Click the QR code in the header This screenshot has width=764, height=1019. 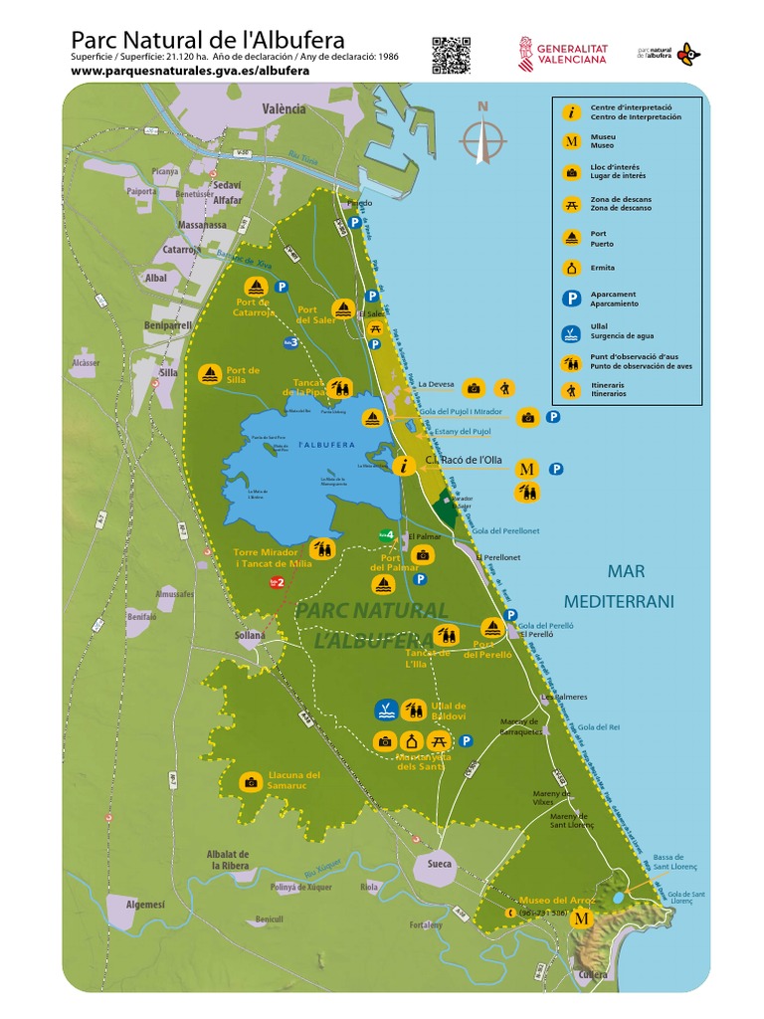pyautogui.click(x=451, y=55)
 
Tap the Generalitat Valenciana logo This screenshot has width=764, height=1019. pyautogui.click(x=562, y=53)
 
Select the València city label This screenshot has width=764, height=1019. pyautogui.click(x=285, y=108)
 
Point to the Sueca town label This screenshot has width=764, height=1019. pyautogui.click(x=439, y=864)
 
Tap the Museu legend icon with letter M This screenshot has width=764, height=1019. pyautogui.click(x=571, y=141)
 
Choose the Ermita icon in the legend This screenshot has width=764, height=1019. pyautogui.click(x=571, y=268)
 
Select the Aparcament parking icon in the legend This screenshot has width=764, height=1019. pyautogui.click(x=571, y=299)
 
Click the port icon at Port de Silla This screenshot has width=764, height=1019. pyautogui.click(x=209, y=375)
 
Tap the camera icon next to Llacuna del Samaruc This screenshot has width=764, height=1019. pyautogui.click(x=251, y=782)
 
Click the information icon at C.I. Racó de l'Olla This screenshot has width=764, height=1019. pyautogui.click(x=404, y=466)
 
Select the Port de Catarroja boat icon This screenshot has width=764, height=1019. pyautogui.click(x=254, y=287)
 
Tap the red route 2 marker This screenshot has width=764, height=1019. pyautogui.click(x=278, y=582)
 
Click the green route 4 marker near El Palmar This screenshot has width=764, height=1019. pyautogui.click(x=387, y=535)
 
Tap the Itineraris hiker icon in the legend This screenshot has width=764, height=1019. pyautogui.click(x=571, y=390)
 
